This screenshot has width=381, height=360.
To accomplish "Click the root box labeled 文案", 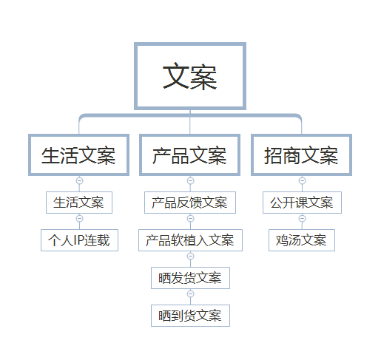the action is pyautogui.click(x=190, y=76).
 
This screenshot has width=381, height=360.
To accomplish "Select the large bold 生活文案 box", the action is pyautogui.click(x=79, y=154).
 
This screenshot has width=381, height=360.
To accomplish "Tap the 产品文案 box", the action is pyautogui.click(x=190, y=154).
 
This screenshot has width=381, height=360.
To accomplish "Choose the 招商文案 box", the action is pyautogui.click(x=301, y=154).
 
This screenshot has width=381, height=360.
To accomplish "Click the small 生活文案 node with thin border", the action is pyautogui.click(x=79, y=203).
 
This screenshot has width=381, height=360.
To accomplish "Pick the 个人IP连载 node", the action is pyautogui.click(x=79, y=240).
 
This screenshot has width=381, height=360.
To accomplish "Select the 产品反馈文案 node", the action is pyautogui.click(x=190, y=203).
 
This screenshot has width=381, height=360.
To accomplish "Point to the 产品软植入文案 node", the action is pyautogui.click(x=190, y=240).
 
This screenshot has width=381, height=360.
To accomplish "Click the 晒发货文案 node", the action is pyautogui.click(x=190, y=278).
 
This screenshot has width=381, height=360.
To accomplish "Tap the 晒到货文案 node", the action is pyautogui.click(x=190, y=316).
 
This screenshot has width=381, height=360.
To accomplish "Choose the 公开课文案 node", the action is pyautogui.click(x=302, y=203).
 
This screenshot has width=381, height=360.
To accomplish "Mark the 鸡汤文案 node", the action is pyautogui.click(x=302, y=240).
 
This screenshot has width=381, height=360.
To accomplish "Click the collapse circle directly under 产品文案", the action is pyautogui.click(x=190, y=180).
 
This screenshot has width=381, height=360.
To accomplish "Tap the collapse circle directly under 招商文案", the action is pyautogui.click(x=303, y=180).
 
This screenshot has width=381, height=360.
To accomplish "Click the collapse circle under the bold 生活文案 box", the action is pyautogui.click(x=79, y=180).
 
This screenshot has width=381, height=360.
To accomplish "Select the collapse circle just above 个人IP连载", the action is pyautogui.click(x=79, y=218).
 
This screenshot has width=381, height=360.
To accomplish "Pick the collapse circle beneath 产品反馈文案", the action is pyautogui.click(x=190, y=218).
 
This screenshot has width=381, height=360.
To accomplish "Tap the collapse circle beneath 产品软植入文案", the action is pyautogui.click(x=190, y=256).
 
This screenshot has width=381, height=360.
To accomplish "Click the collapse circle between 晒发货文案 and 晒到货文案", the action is pyautogui.click(x=190, y=293).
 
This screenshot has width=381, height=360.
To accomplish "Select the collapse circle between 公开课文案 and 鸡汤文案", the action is pyautogui.click(x=303, y=218).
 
